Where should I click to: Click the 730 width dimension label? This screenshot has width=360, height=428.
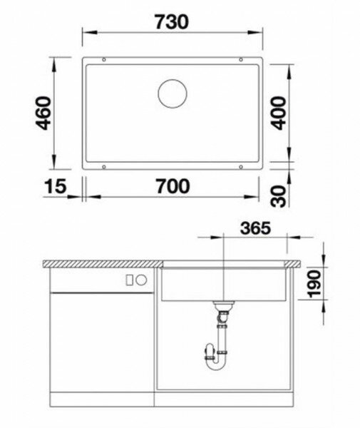click(x=172, y=22)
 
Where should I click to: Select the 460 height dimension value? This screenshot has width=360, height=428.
click(x=43, y=113)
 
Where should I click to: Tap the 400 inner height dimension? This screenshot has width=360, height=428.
click(x=279, y=113)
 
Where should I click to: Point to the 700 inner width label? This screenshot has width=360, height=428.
click(x=173, y=186)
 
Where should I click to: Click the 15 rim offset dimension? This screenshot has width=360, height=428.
click(x=55, y=186)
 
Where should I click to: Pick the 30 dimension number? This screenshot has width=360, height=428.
click(x=279, y=196)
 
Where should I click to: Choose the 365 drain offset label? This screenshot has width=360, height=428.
click(x=255, y=228)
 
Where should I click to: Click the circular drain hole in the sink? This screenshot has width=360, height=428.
click(x=173, y=93)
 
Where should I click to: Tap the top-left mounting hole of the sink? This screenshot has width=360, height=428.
click(x=104, y=59)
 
